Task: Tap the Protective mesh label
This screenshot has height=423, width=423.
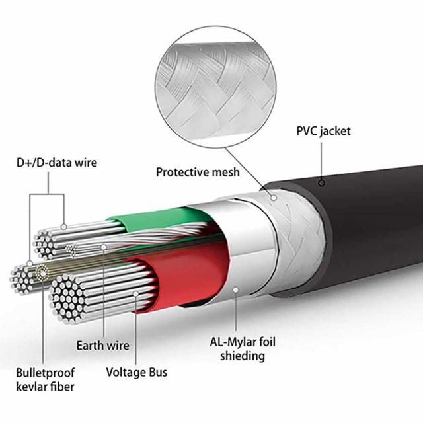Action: click(198, 173)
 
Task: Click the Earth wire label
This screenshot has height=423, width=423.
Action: click(102, 346)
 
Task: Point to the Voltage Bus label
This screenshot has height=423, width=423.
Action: click(137, 372)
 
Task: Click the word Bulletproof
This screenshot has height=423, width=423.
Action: click(46, 372)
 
